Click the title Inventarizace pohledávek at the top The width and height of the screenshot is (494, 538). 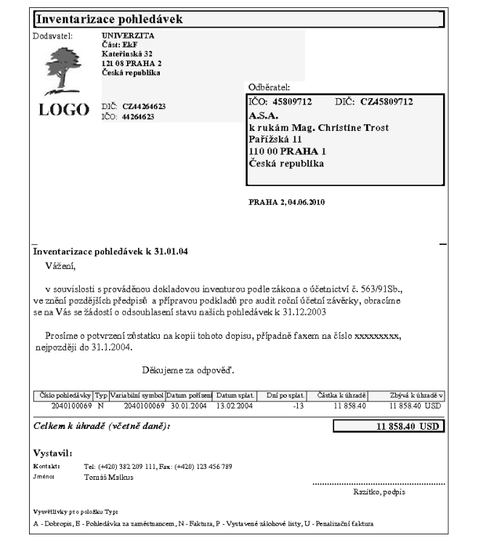[110, 18]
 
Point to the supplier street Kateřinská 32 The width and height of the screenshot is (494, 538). [127, 54]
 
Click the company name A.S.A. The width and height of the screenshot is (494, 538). [264, 115]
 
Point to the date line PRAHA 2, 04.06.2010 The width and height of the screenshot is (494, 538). [288, 201]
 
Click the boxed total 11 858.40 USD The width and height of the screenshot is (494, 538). [408, 426]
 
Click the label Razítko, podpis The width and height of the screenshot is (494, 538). [373, 493]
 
